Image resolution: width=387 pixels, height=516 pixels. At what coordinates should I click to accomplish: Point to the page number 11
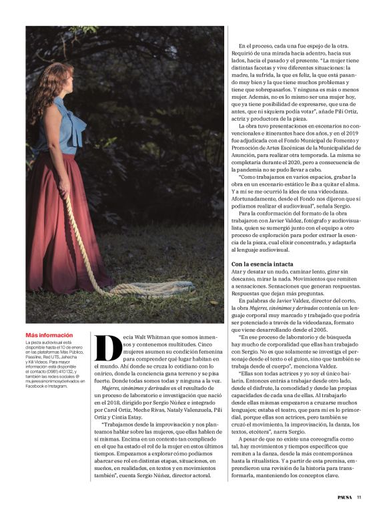(359, 497)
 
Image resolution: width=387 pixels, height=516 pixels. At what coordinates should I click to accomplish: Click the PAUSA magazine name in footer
(342, 497)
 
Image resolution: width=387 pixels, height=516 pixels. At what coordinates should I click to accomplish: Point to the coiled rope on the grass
(137, 288)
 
